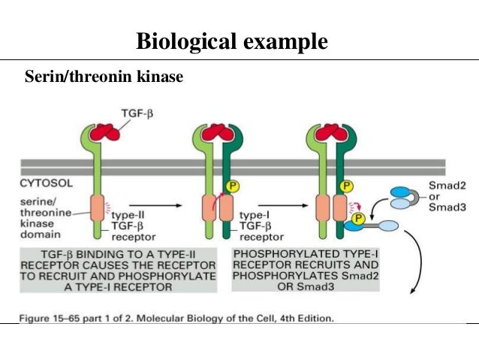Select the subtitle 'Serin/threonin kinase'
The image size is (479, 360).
[104, 77]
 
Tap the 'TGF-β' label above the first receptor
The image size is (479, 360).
[138, 113]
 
